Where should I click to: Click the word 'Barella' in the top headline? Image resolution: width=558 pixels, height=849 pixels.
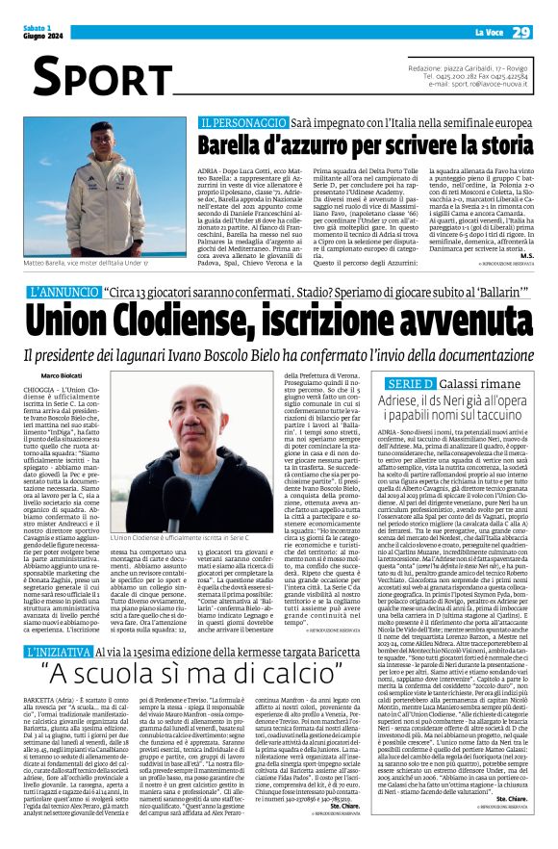coord(241,145)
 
